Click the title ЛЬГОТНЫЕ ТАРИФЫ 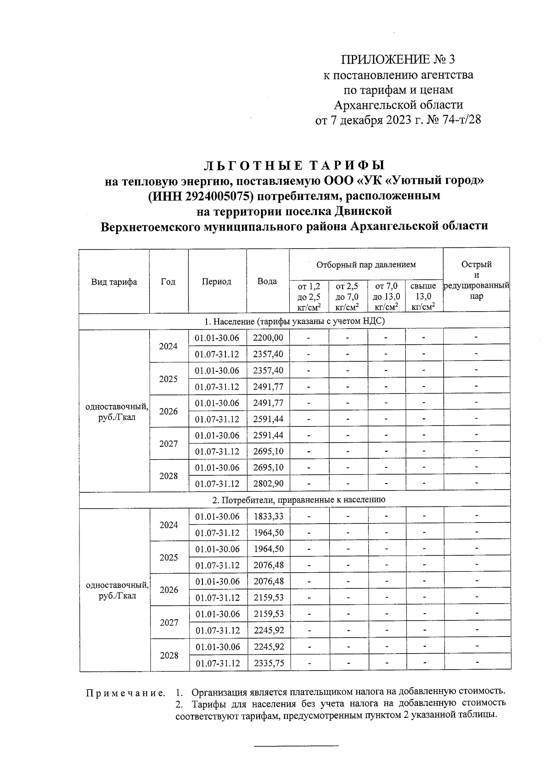pyautogui.click(x=294, y=165)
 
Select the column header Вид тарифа pyautogui.click(x=114, y=282)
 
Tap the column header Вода pyautogui.click(x=267, y=282)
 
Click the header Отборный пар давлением pyautogui.click(x=365, y=264)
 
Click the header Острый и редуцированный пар pyautogui.click(x=476, y=280)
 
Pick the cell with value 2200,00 pyautogui.click(x=268, y=338)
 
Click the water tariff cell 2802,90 pyautogui.click(x=268, y=484)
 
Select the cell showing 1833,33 pyautogui.click(x=268, y=516)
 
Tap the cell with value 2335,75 pyautogui.click(x=268, y=663)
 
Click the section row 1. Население pyautogui.click(x=294, y=321)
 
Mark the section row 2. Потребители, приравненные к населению pyautogui.click(x=294, y=500)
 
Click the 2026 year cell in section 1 pyautogui.click(x=169, y=411)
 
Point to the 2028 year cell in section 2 pyautogui.click(x=169, y=655)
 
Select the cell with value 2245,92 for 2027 pyautogui.click(x=268, y=631)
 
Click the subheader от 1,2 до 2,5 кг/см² pyautogui.click(x=309, y=296)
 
